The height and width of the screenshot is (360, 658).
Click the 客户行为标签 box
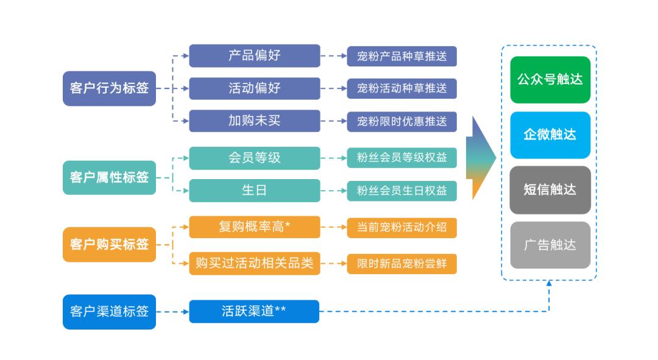(x=109, y=88)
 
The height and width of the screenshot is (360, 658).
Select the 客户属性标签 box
(x=109, y=177)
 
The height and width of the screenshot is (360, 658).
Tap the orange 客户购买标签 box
(x=109, y=244)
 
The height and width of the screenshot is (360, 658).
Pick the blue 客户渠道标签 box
(x=109, y=311)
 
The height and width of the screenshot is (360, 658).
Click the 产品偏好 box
(x=254, y=55)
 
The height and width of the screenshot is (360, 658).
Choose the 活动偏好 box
(x=254, y=88)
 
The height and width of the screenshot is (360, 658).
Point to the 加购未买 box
(x=254, y=121)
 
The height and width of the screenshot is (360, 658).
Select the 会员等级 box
(x=254, y=158)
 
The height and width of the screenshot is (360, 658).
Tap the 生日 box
(x=254, y=190)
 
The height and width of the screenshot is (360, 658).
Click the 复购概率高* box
(x=254, y=227)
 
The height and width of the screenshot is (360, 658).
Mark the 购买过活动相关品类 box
(x=254, y=263)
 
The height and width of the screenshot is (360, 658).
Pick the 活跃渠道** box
(x=254, y=311)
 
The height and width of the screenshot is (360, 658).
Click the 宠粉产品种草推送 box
(x=402, y=56)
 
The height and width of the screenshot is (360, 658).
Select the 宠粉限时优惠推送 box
(x=402, y=121)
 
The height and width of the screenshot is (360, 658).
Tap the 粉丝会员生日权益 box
(x=402, y=190)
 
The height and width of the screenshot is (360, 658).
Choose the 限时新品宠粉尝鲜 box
(x=402, y=264)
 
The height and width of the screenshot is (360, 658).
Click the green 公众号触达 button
(x=550, y=80)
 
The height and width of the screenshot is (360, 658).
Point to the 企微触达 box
(x=550, y=135)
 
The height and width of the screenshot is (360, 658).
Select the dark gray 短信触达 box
(x=550, y=189)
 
